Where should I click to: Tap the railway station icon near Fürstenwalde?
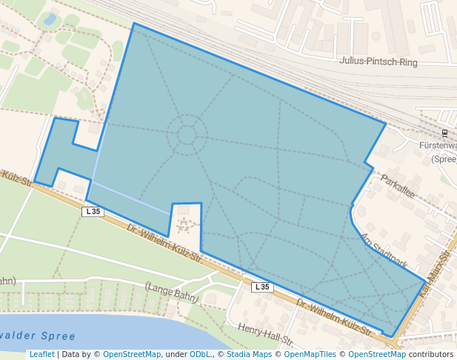click(444, 133)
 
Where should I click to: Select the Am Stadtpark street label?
click(384, 250)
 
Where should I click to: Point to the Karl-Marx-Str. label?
click(436, 274)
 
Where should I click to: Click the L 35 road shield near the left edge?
click(93, 211)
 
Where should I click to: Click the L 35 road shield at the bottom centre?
click(262, 287)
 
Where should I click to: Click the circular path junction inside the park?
click(186, 135)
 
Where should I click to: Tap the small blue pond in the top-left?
click(50, 20)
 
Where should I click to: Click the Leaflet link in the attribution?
click(41, 354)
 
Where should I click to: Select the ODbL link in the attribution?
click(199, 354)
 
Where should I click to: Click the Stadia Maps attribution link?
click(249, 354)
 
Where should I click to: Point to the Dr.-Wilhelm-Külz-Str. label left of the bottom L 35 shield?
click(164, 245)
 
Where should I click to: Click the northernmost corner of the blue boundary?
click(134, 23)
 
